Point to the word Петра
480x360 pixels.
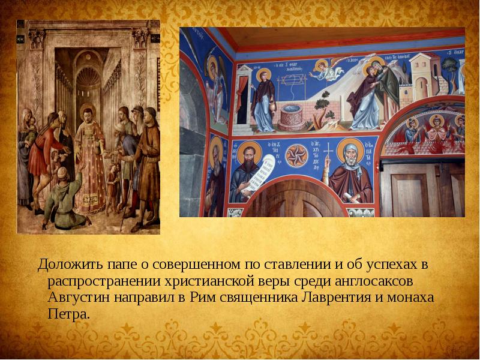(68, 313)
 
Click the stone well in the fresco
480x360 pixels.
(288, 116)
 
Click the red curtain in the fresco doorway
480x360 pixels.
(242, 96)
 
